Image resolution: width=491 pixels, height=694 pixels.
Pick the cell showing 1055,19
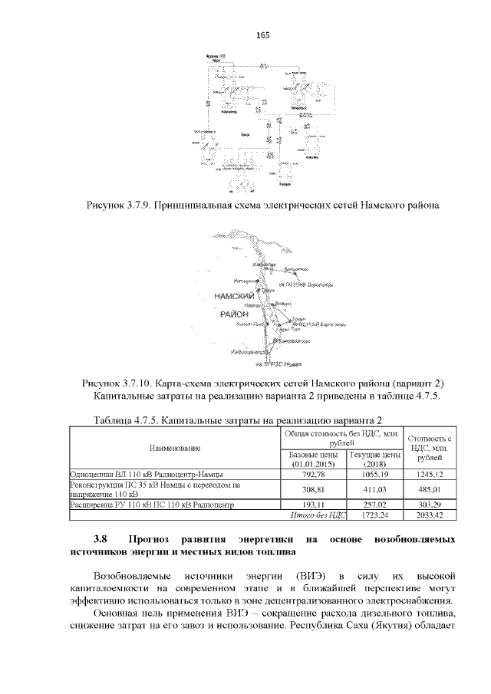(x=375, y=474)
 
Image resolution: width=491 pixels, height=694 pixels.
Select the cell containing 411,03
(x=375, y=489)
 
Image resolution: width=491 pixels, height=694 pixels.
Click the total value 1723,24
(x=375, y=515)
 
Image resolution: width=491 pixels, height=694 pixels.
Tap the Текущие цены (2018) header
(x=375, y=459)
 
